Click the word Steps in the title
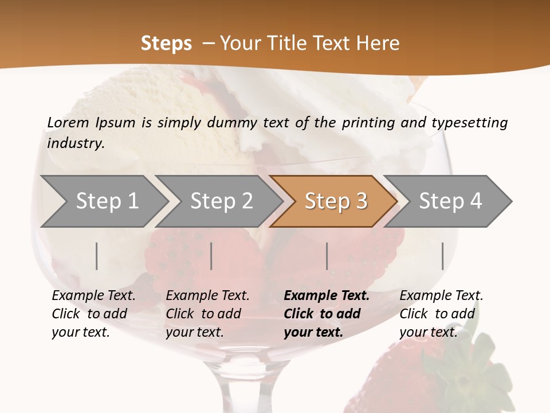[x=166, y=44]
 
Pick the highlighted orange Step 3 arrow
[x=336, y=201]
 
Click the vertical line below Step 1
[x=97, y=256]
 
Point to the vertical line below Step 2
[x=211, y=256]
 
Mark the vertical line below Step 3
[x=327, y=256]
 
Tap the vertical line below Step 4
[x=442, y=256]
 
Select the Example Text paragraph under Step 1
[x=93, y=314]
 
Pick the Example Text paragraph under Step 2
[x=207, y=314]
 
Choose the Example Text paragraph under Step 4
[x=441, y=314]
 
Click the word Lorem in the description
[x=68, y=122]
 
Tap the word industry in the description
[x=75, y=143]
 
